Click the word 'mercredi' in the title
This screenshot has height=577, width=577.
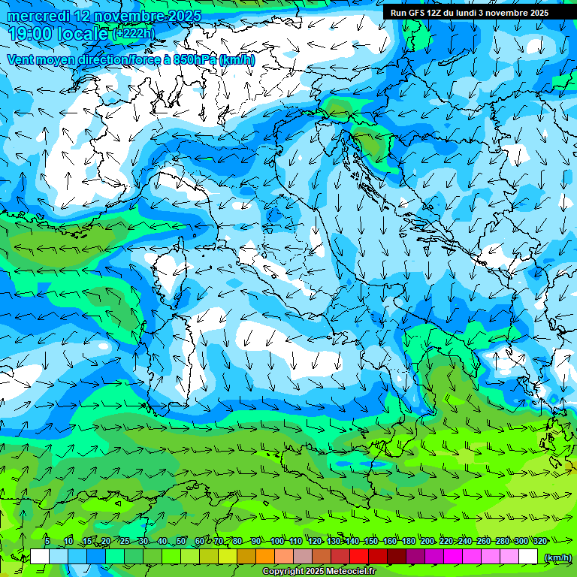(x=38, y=16)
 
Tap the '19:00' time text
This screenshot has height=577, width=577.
(x=31, y=33)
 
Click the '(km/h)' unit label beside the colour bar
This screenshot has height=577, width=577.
(x=557, y=557)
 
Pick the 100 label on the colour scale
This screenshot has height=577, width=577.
(x=276, y=541)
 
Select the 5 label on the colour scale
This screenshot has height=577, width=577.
(x=47, y=541)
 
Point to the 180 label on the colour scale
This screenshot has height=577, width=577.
(x=408, y=541)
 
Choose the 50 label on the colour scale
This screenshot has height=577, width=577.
(x=181, y=541)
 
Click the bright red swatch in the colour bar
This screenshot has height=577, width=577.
(x=359, y=557)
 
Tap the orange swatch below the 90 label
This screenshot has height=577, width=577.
(x=265, y=557)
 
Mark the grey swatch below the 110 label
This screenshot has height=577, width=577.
(x=303, y=557)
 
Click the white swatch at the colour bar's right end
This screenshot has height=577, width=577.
(x=528, y=557)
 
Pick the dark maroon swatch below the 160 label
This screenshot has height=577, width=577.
(x=397, y=557)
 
